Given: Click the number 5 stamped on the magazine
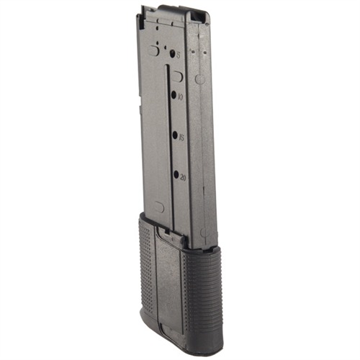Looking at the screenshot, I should [178, 53].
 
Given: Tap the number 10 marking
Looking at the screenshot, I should [179, 96].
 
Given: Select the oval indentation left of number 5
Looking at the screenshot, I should [153, 50].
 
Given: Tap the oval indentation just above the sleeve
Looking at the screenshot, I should [160, 207].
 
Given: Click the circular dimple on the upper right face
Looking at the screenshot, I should [200, 78].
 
